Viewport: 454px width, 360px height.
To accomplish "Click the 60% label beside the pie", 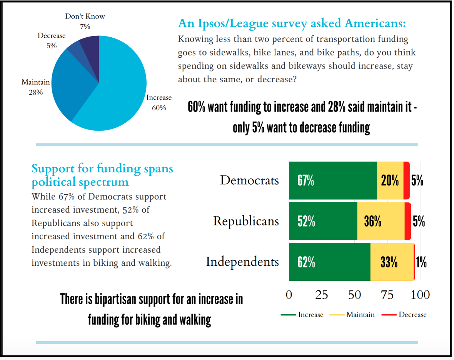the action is tap(159, 108).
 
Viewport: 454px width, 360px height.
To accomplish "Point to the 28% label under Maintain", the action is tap(36, 92).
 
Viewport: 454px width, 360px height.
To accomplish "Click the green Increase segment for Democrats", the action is tap(333, 181).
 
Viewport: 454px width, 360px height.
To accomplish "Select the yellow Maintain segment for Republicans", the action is tap(381, 221).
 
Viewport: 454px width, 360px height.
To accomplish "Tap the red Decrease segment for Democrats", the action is tap(407, 181).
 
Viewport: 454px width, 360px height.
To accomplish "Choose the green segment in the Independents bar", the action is tap(330, 262).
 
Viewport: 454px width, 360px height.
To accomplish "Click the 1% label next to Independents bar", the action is tap(421, 262).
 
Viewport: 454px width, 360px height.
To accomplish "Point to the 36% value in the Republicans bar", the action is tap(373, 222).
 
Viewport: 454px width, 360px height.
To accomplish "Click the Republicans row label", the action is tap(246, 221).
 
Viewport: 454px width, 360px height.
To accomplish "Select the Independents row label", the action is tap(242, 262).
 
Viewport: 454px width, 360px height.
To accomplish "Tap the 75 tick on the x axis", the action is tap(387, 295).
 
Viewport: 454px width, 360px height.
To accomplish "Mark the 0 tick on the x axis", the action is tap(289, 295).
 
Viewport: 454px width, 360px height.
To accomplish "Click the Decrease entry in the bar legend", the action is tap(404, 315).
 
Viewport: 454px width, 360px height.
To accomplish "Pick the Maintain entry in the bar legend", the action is tap(352, 315).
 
